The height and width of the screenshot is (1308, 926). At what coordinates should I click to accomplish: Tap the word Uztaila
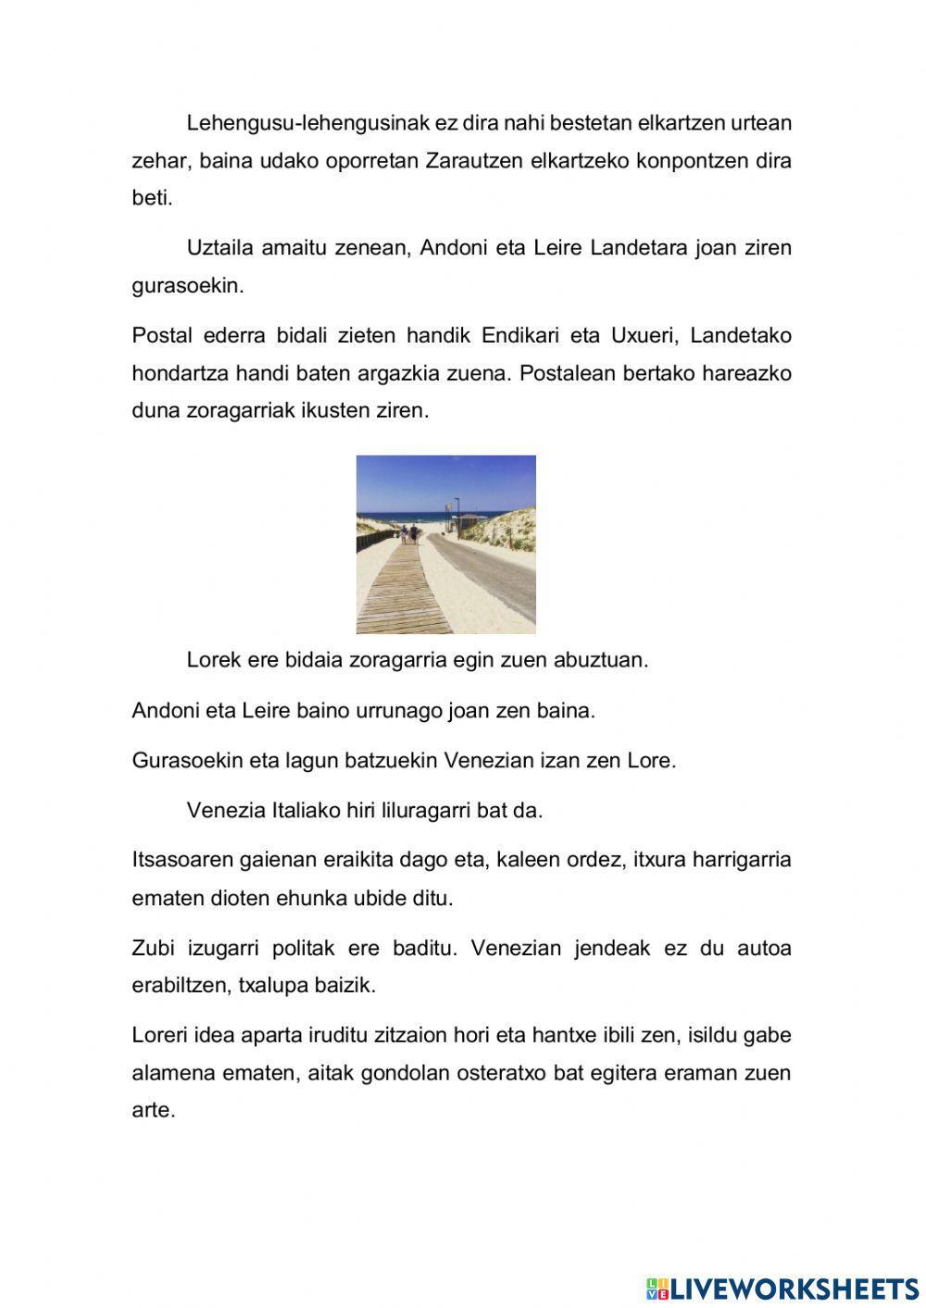(220, 248)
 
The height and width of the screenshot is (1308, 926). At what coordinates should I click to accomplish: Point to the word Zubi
(153, 949)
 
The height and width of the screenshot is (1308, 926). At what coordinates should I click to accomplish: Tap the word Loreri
(160, 1036)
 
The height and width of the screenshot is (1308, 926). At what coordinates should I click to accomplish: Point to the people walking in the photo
(408, 534)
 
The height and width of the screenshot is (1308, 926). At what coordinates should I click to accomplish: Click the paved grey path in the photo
(491, 583)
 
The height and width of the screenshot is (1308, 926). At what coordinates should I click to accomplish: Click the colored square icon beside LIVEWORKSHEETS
(657, 1289)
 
